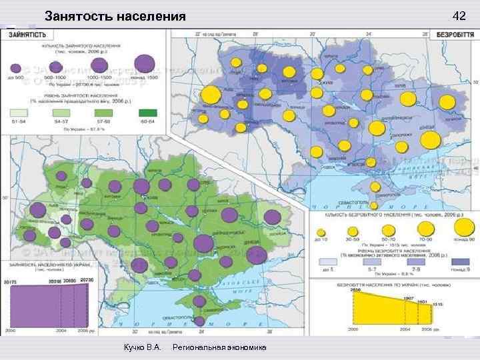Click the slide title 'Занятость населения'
click(x=115, y=16)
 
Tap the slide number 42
click(x=459, y=15)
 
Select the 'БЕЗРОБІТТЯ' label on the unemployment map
click(x=455, y=34)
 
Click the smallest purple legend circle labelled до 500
click(x=17, y=68)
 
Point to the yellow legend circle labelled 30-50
click(x=352, y=230)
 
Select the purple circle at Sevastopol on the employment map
click(x=200, y=321)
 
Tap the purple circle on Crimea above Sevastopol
click(x=199, y=301)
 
